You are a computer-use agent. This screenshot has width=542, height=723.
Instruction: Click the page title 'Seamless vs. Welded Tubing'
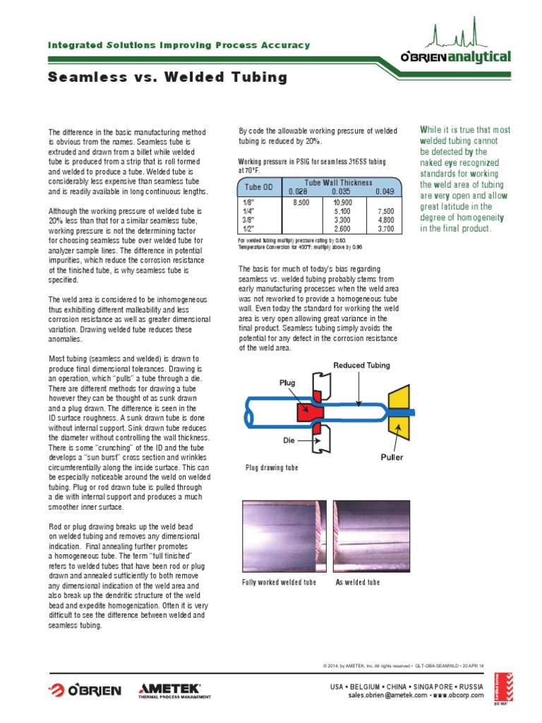click(167, 78)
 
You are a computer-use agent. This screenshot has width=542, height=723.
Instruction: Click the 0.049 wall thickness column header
click(384, 191)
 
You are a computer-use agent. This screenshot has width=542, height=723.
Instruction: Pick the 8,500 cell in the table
click(301, 202)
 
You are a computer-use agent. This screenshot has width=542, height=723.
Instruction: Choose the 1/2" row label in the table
click(248, 228)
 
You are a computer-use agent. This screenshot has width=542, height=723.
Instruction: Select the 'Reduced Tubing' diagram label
click(362, 364)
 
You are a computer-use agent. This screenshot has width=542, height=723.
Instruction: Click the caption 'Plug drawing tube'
click(272, 468)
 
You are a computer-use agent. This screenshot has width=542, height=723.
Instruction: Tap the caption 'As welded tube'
click(357, 582)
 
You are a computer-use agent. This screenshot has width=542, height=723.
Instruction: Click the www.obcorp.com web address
click(457, 695)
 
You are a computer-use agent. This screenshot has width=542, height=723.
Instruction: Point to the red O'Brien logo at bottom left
click(85, 690)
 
